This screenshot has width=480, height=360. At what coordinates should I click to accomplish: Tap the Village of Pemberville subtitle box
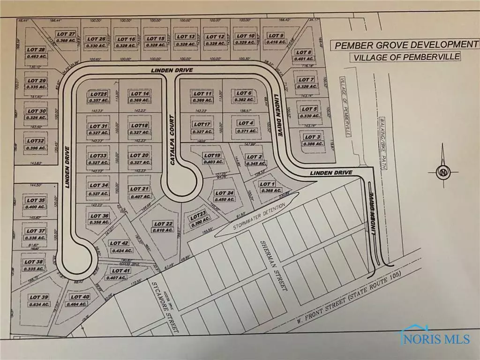pyautogui.click(x=405, y=57)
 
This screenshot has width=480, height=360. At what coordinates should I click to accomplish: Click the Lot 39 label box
pyautogui.click(x=39, y=300)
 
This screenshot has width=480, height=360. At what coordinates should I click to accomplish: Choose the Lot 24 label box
pyautogui.click(x=224, y=195)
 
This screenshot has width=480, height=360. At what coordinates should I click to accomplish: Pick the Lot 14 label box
pyautogui.click(x=139, y=97)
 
